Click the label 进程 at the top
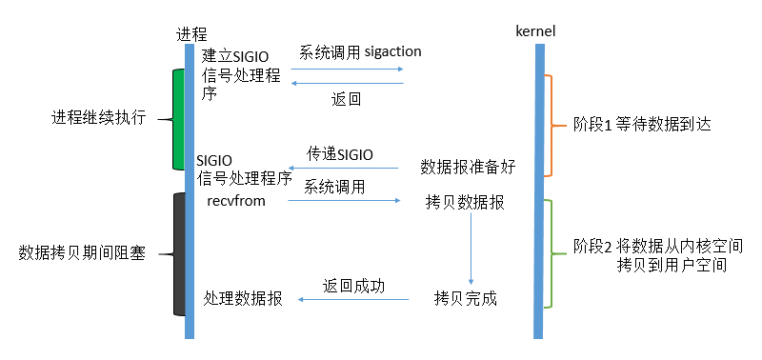(x=191, y=32)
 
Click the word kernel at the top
(x=534, y=31)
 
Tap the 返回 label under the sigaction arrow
(x=346, y=98)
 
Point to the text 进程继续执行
(x=98, y=119)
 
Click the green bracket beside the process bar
(x=177, y=119)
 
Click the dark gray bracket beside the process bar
(x=177, y=254)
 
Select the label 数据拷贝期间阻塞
(x=82, y=253)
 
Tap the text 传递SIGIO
(x=340, y=153)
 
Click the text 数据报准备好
(x=468, y=167)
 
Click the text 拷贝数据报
(x=466, y=202)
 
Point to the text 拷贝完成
(x=466, y=299)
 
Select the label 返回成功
(x=353, y=286)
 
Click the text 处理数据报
(x=243, y=298)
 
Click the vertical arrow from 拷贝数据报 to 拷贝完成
(x=471, y=248)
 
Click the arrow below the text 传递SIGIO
(x=343, y=168)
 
